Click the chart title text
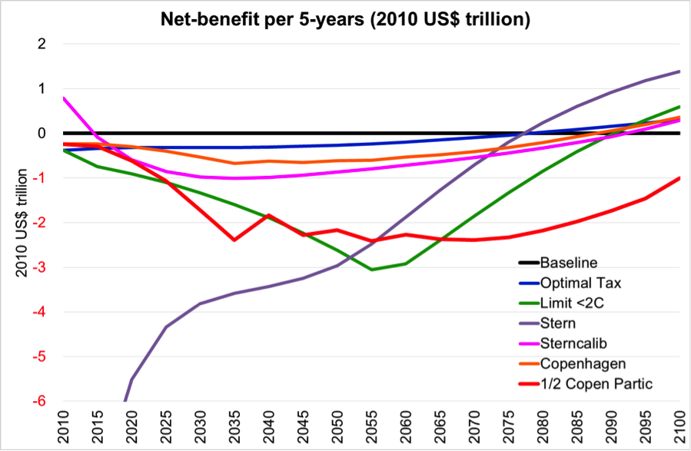tap(345, 19)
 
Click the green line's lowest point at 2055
tap(372, 270)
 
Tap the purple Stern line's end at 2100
tap(679, 71)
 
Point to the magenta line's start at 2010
tap(64, 98)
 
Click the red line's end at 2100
tap(679, 178)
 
